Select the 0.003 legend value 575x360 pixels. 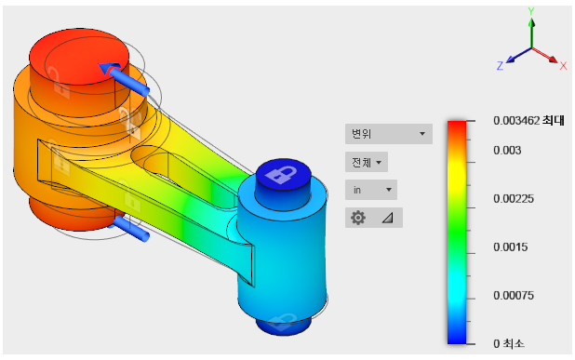(507, 151)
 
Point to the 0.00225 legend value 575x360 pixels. (514, 199)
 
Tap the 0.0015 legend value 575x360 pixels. (511, 247)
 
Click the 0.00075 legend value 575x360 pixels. (514, 296)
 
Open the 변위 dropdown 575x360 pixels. (389, 134)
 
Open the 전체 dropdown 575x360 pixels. (367, 162)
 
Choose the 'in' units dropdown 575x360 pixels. (371, 190)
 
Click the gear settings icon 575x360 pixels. (358, 218)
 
